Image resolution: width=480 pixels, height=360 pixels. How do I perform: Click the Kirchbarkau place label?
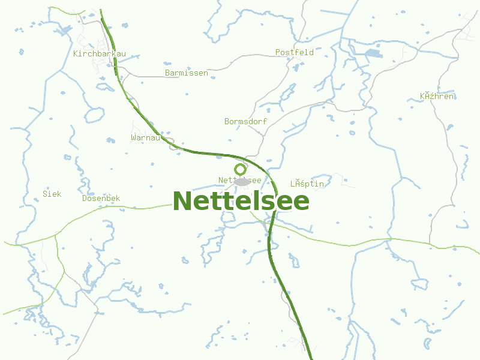(x=99, y=54)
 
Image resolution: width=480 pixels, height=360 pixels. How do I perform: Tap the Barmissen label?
(x=186, y=73)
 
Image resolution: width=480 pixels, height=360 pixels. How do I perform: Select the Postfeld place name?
(x=294, y=53)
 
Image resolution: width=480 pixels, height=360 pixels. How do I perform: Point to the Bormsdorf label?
(x=245, y=122)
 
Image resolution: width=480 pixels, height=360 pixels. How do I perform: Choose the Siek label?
(x=52, y=194)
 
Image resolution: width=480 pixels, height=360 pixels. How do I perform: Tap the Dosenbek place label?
(x=101, y=199)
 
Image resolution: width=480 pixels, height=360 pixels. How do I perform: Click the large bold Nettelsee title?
(x=241, y=201)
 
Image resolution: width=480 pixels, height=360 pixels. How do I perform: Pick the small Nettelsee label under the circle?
(x=239, y=181)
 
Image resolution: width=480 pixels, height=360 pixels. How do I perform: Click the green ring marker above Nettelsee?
(x=240, y=170)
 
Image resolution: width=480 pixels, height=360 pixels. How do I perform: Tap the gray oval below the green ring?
(x=242, y=181)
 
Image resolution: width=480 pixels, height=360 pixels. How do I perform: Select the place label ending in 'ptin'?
(x=307, y=184)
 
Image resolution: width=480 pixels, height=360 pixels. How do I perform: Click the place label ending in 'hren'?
(x=437, y=97)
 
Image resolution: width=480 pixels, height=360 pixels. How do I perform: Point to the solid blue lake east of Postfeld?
(x=372, y=54)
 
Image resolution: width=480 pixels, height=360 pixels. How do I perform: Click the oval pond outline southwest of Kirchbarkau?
(x=95, y=115)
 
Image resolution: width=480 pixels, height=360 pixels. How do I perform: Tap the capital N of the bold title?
(x=183, y=201)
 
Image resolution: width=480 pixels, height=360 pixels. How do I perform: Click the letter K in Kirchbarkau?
(x=76, y=54)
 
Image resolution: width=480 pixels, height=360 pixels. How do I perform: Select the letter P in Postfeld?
(x=278, y=53)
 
